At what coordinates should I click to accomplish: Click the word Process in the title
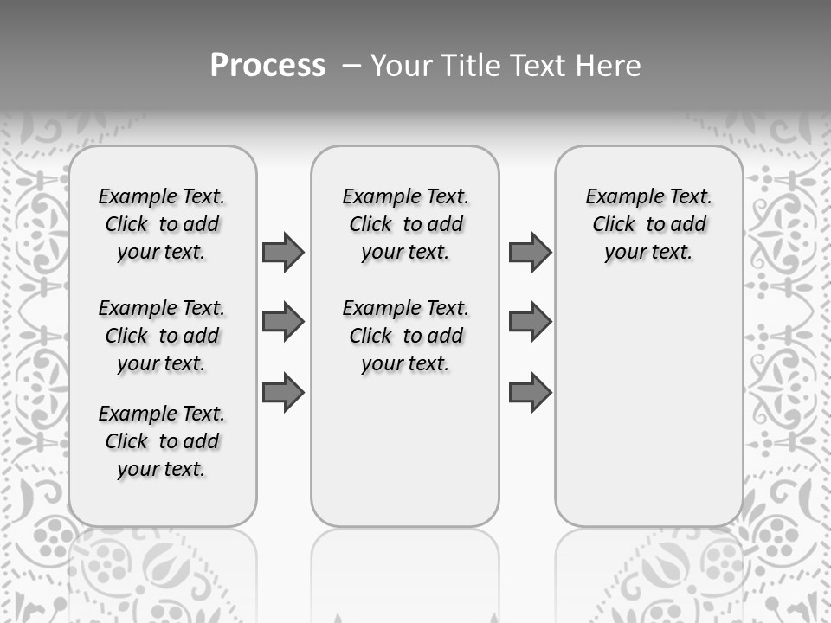[267, 66]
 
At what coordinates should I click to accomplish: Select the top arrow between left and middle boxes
[283, 252]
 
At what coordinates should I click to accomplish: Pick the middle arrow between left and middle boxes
[283, 322]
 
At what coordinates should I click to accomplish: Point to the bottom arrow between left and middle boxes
[283, 392]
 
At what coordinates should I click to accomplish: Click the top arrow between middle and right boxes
[530, 252]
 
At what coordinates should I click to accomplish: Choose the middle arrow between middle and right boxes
[530, 322]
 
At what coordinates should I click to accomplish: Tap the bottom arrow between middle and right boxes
[530, 392]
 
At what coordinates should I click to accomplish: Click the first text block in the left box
[162, 224]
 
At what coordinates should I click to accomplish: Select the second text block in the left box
[162, 336]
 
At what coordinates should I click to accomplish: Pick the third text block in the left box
[162, 441]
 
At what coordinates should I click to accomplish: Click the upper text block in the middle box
[406, 224]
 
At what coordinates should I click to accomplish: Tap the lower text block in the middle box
[406, 336]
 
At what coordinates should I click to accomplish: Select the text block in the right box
[649, 224]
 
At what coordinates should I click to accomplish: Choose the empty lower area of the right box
[649, 407]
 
